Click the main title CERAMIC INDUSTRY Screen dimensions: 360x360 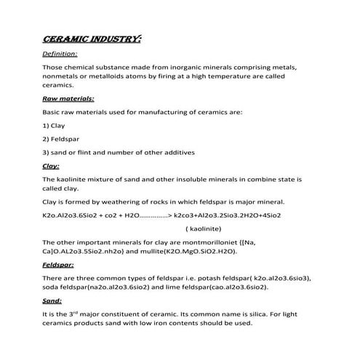pos(92,37)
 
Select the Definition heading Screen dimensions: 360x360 pos(61,54)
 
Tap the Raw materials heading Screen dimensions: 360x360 pos(68,98)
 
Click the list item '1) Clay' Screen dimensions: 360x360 pos(54,125)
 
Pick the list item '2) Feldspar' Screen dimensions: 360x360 pos(61,138)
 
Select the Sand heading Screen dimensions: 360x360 pos(52,300)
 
